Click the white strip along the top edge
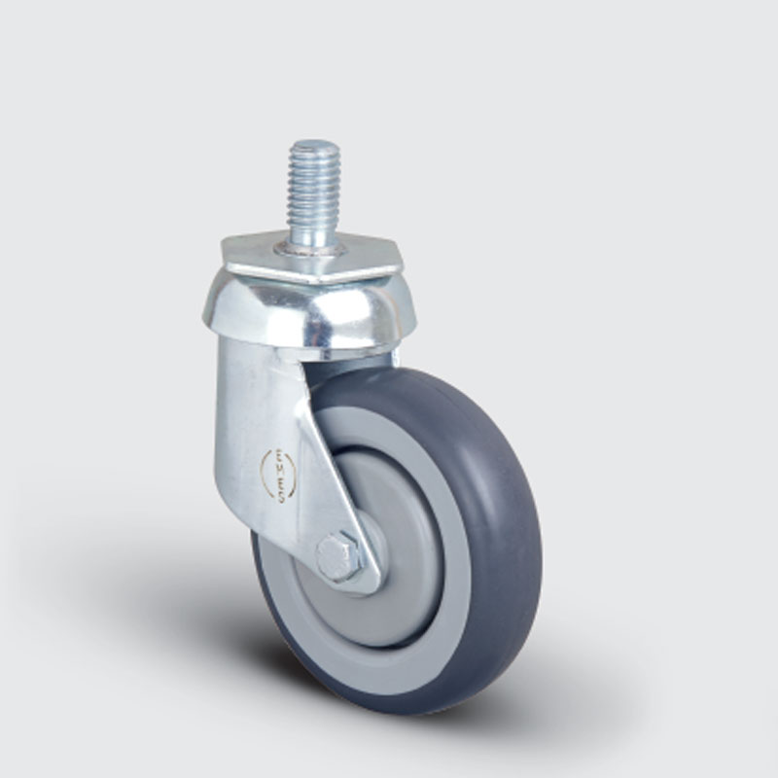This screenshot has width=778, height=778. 389,4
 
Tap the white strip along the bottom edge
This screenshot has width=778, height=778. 389,773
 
